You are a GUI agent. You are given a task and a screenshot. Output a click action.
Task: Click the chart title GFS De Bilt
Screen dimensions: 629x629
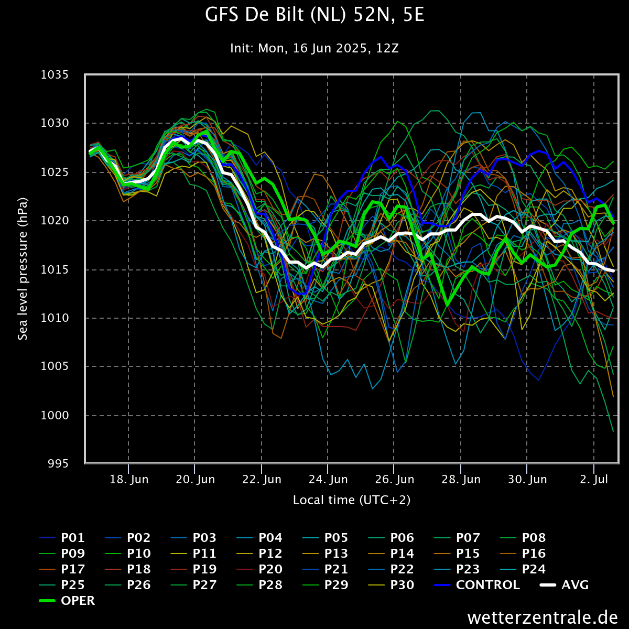(314, 16)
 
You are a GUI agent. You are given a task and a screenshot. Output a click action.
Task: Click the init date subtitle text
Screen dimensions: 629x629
(314, 48)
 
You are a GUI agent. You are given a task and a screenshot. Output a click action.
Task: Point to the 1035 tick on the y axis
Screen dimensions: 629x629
(55, 75)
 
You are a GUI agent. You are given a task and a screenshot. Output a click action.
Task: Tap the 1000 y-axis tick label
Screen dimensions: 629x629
(55, 415)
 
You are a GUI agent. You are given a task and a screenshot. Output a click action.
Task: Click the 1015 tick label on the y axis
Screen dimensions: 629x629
(55, 269)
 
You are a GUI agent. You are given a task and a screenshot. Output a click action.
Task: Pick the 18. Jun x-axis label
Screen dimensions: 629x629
(128, 480)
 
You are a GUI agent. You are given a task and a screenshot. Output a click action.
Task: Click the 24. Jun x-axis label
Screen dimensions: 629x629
(328, 480)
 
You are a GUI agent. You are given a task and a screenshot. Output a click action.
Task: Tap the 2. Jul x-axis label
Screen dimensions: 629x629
(594, 480)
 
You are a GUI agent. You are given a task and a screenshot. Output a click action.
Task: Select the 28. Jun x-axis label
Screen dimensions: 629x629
(461, 480)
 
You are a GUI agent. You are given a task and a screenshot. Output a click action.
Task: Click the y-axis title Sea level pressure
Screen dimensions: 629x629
(23, 269)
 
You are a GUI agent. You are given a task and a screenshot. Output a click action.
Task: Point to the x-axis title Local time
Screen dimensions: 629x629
(352, 500)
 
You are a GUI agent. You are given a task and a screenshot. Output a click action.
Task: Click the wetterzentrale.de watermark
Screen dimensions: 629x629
(543, 617)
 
